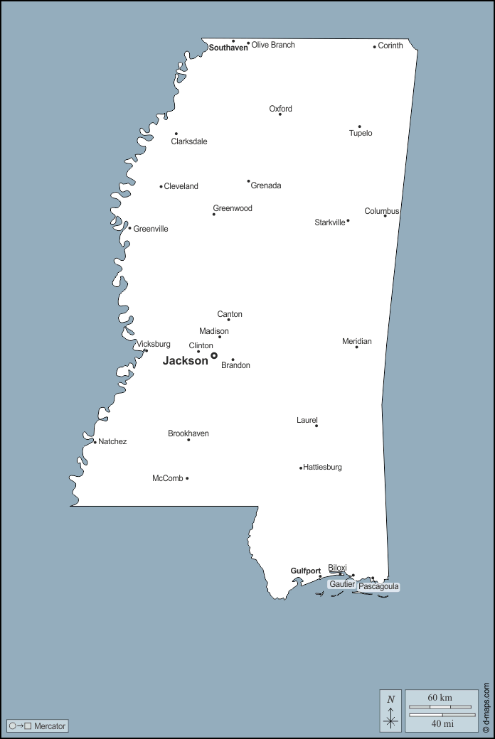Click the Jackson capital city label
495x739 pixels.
(x=185, y=361)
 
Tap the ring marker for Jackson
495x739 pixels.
(x=214, y=355)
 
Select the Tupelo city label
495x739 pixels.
(x=361, y=134)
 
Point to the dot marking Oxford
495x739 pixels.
(x=280, y=114)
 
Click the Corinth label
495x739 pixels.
(x=390, y=46)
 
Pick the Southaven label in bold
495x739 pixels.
(x=228, y=48)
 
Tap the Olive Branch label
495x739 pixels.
(x=273, y=45)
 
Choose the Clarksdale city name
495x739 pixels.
(x=189, y=141)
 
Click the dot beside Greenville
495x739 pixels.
(x=129, y=228)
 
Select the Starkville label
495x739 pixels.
(x=330, y=222)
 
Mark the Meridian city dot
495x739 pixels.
(x=356, y=347)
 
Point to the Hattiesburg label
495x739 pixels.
(x=323, y=468)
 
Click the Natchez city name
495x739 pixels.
(x=112, y=442)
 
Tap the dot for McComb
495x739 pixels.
(x=187, y=478)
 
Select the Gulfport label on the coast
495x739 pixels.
(x=306, y=571)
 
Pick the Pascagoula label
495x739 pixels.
(x=378, y=587)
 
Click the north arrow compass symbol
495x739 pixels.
(x=390, y=711)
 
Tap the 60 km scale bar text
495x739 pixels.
(x=440, y=698)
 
